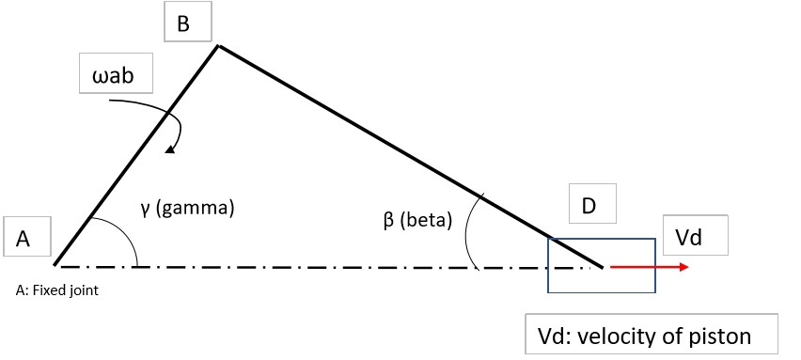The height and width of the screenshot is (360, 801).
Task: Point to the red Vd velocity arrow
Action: pyautogui.click(x=650, y=267)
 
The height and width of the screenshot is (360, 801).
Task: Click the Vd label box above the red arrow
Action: pyautogui.click(x=695, y=240)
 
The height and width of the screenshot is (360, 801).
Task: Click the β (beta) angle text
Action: pyautogui.click(x=417, y=222)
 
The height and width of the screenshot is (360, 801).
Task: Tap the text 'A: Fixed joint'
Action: pyautogui.click(x=57, y=290)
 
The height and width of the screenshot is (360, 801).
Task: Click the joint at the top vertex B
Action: pyautogui.click(x=218, y=45)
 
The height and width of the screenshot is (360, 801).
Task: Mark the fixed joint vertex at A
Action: pyautogui.click(x=55, y=265)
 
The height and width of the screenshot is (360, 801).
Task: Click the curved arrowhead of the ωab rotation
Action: pyautogui.click(x=168, y=148)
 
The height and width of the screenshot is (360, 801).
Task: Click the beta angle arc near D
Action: pyautogui.click(x=470, y=230)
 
